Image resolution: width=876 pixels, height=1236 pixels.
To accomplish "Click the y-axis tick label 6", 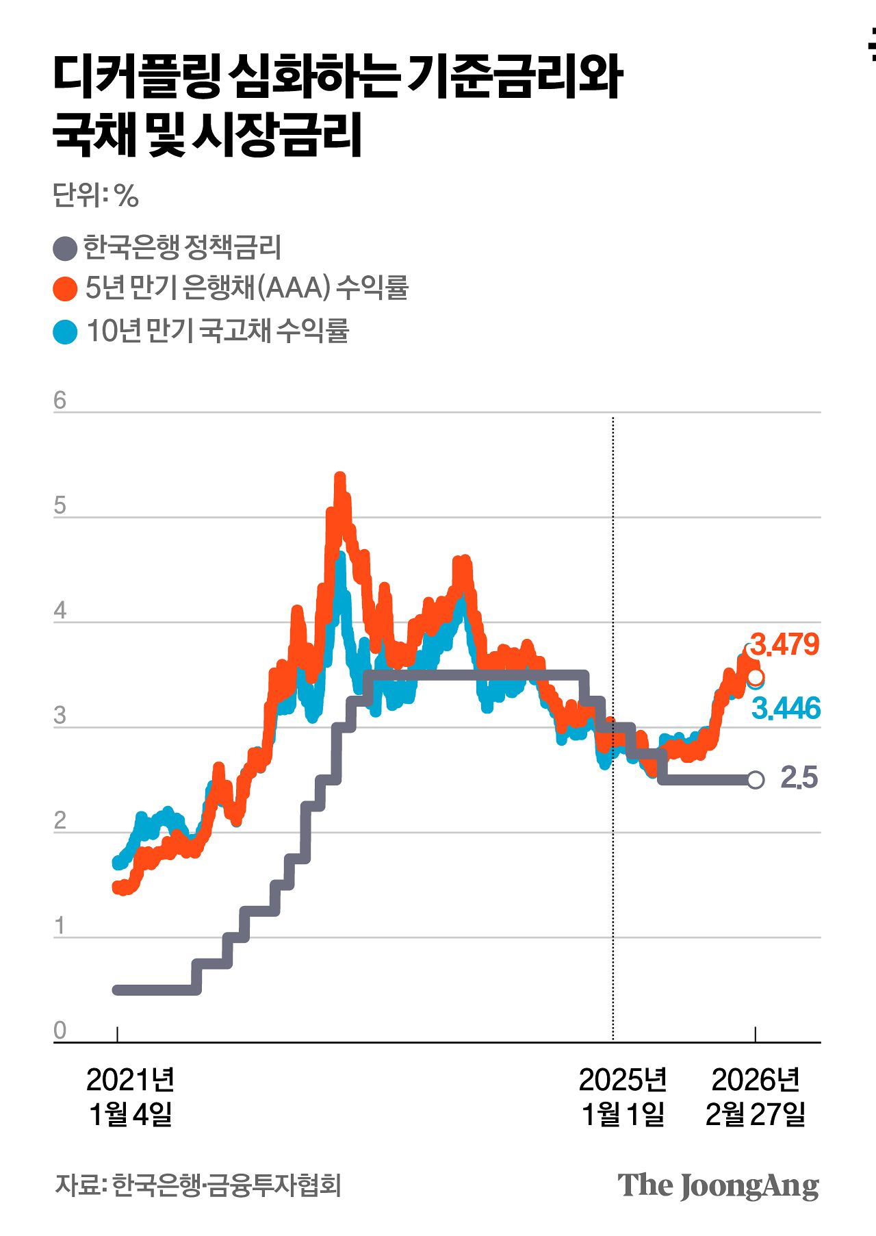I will (x=60, y=401).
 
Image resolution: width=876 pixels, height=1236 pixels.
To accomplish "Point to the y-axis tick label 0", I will (x=60, y=1030).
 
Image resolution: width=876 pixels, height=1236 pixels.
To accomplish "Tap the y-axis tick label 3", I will (x=60, y=716).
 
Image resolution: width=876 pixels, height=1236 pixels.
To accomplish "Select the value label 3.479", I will (x=784, y=645).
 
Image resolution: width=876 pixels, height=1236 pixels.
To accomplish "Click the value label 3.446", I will (x=786, y=709).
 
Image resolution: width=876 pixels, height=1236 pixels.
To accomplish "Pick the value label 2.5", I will (x=799, y=778).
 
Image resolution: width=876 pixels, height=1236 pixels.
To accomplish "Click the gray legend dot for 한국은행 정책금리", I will (x=65, y=249).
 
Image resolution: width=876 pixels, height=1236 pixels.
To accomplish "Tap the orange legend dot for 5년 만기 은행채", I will (x=65, y=289).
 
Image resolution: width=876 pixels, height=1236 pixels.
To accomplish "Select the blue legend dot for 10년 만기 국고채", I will (x=65, y=332).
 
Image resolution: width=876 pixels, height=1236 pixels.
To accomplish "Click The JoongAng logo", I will (x=718, y=1186).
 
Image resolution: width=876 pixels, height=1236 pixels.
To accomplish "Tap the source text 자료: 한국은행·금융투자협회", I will (x=198, y=1185).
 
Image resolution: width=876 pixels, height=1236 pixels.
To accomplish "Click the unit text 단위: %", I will (x=96, y=196).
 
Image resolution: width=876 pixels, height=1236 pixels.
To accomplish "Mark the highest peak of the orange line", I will (x=339, y=477).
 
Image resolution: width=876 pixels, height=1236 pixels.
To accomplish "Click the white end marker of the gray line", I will (x=756, y=780).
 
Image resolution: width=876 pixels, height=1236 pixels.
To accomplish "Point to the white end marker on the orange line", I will (x=756, y=678).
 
